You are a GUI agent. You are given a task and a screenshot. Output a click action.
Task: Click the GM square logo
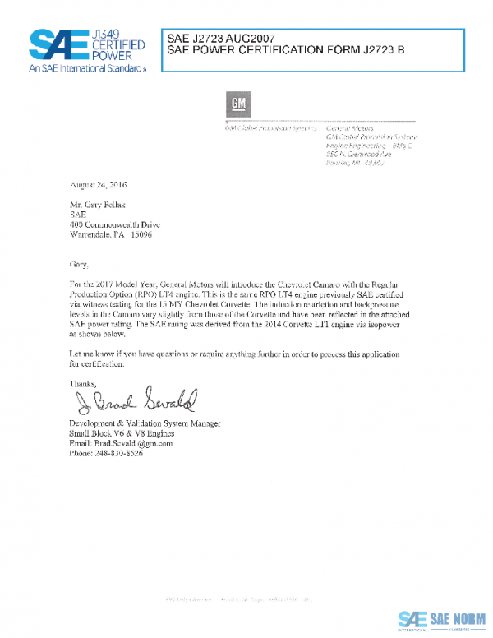click(238, 105)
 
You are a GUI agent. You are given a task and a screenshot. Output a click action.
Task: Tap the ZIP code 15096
click(139, 234)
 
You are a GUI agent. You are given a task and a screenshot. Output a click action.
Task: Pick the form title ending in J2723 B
click(286, 50)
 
